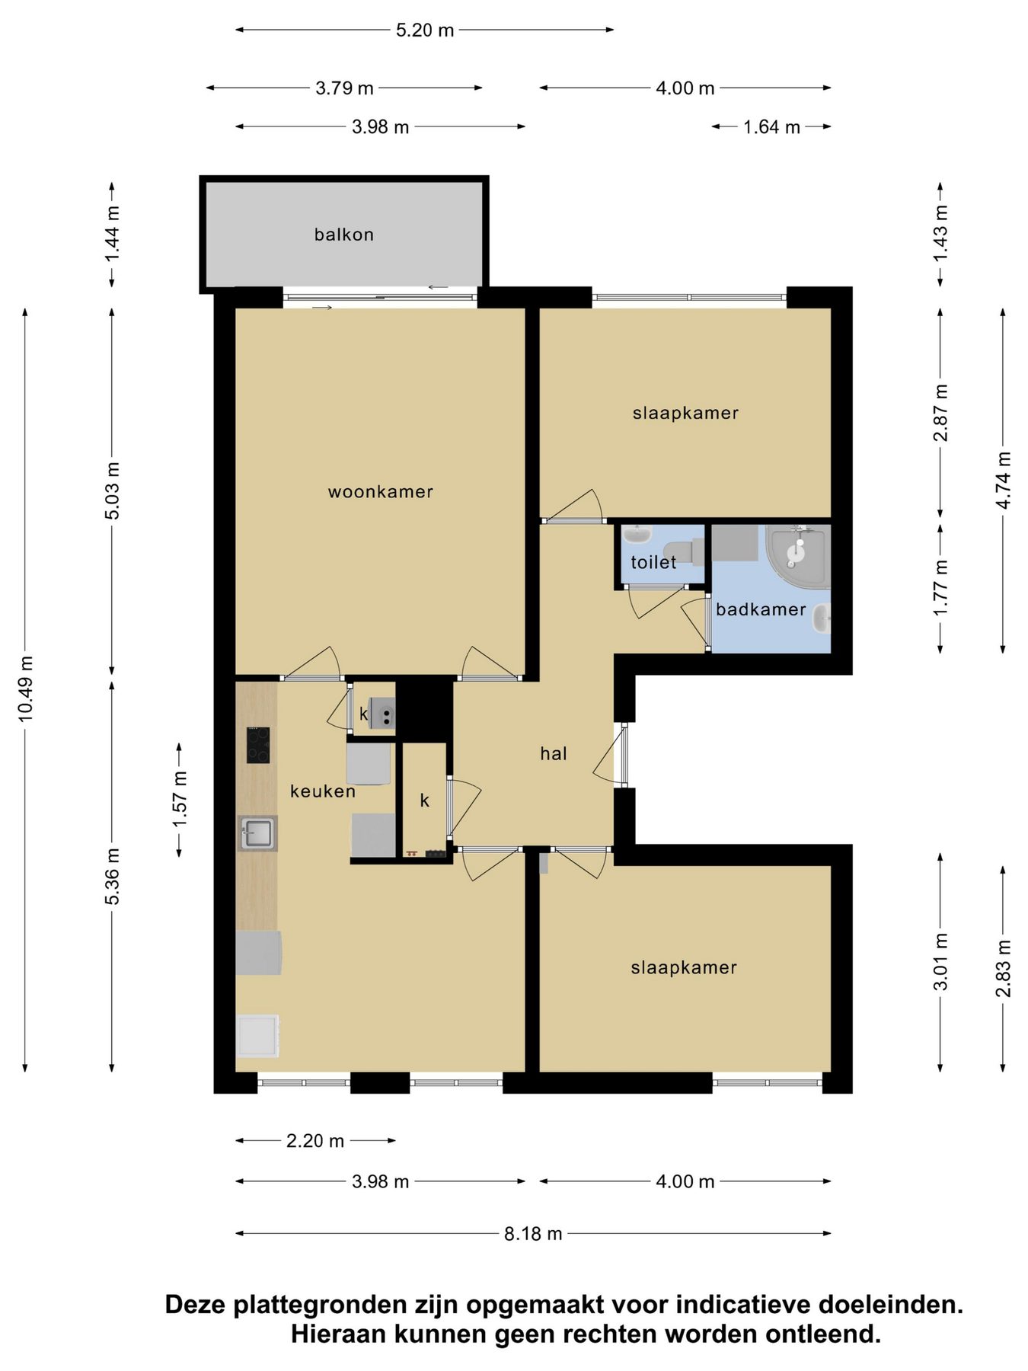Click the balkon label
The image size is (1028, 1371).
coord(344,235)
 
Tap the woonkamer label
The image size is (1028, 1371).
coord(381,492)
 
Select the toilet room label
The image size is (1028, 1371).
coord(653,562)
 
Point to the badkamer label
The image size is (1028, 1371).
coord(761,609)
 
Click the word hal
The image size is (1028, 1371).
coord(554,753)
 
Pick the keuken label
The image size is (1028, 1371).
coord(323,791)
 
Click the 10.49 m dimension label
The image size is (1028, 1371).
coord(25,689)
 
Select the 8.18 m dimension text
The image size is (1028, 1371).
coord(533,1233)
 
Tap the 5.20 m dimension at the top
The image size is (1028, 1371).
coord(425,30)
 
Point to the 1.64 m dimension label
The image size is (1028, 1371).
coord(771,126)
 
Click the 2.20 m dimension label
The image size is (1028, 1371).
coord(315,1140)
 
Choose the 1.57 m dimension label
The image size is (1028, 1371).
coord(179,799)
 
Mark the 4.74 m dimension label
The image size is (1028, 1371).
coord(1003,481)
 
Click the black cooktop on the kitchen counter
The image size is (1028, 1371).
coord(257,745)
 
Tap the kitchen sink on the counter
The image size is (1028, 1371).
coord(257,833)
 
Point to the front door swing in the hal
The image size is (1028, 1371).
coord(607,755)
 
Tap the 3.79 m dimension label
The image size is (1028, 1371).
coord(344,88)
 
